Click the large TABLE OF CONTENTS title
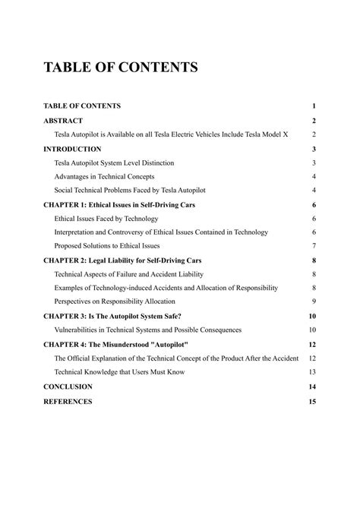[121, 68]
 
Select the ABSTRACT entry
[63, 121]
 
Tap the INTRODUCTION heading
[72, 149]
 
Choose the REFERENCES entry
[68, 401]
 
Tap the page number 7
[314, 246]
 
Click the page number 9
[314, 302]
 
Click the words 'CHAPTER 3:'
[65, 316]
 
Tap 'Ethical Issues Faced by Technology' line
[106, 219]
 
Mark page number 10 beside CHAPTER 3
[312, 316]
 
